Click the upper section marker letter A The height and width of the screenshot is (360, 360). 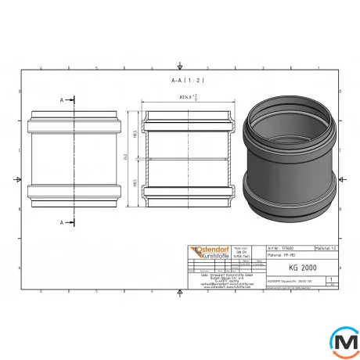(62, 101)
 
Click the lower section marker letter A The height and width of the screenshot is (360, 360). (62, 221)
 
